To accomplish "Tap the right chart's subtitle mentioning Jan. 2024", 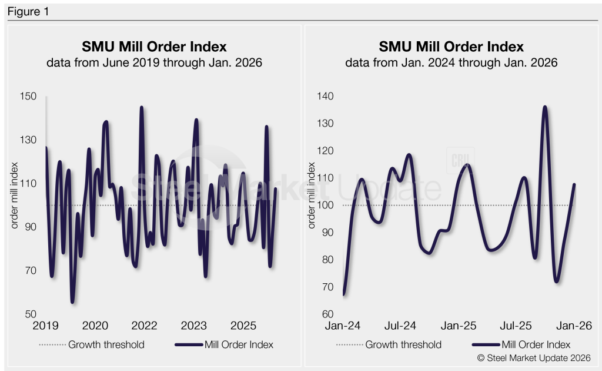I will coord(451,62).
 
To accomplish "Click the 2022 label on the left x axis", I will coord(144,326).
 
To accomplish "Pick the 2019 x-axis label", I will coord(45,326).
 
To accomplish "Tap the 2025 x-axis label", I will coord(243,326).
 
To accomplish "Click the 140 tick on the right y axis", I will coord(326,97).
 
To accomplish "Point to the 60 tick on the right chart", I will coord(327,314).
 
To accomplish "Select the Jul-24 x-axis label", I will coord(402,326).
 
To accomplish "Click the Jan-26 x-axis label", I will coord(574,326).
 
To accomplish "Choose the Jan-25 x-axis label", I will coord(459,326).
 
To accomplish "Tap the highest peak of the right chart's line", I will coord(545,107).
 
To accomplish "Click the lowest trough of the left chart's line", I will coord(72,302).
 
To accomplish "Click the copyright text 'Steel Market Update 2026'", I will coord(534,357).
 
